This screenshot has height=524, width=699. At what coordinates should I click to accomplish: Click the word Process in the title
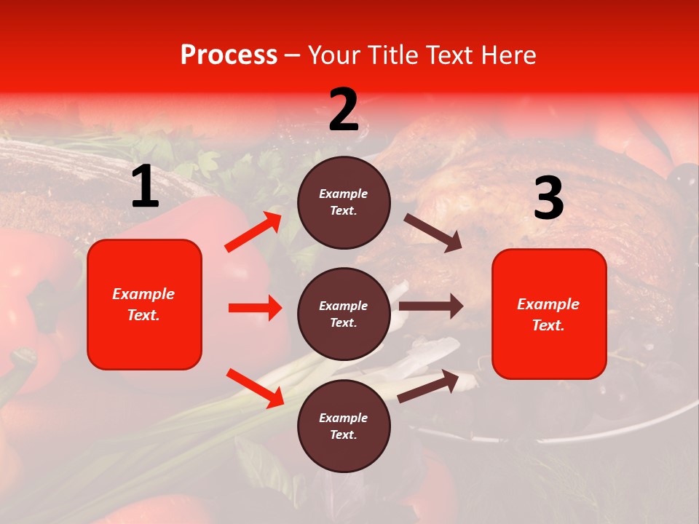(229, 55)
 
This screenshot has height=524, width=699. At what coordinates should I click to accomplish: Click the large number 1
(145, 187)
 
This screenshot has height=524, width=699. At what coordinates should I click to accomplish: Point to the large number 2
(344, 110)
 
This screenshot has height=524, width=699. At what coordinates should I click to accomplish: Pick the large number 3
(548, 199)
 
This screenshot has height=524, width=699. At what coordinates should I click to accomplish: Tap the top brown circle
(344, 202)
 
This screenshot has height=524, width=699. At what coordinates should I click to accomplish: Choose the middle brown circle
(344, 314)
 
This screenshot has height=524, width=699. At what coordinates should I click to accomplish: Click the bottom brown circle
(344, 426)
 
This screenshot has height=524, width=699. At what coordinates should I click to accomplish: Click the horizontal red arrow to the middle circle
(255, 308)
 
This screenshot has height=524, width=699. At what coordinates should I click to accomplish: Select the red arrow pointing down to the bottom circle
(255, 387)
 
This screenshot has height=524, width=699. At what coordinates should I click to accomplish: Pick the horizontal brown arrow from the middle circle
(431, 306)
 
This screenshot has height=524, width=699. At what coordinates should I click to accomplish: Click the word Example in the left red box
(143, 294)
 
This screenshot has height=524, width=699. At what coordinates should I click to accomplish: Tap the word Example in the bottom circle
(344, 418)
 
